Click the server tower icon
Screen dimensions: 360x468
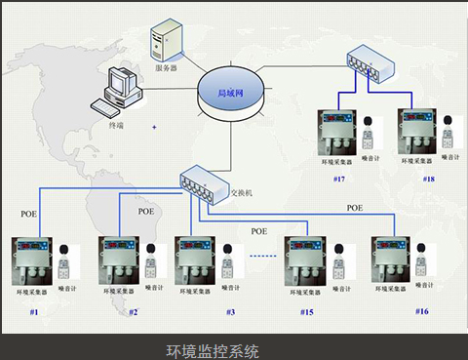pyautogui.click(x=165, y=43)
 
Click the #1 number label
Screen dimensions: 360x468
pyautogui.click(x=33, y=311)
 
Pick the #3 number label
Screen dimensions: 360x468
pyautogui.click(x=230, y=311)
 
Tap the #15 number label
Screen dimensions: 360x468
pyautogui.click(x=307, y=311)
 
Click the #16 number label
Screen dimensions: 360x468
pyautogui.click(x=421, y=310)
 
